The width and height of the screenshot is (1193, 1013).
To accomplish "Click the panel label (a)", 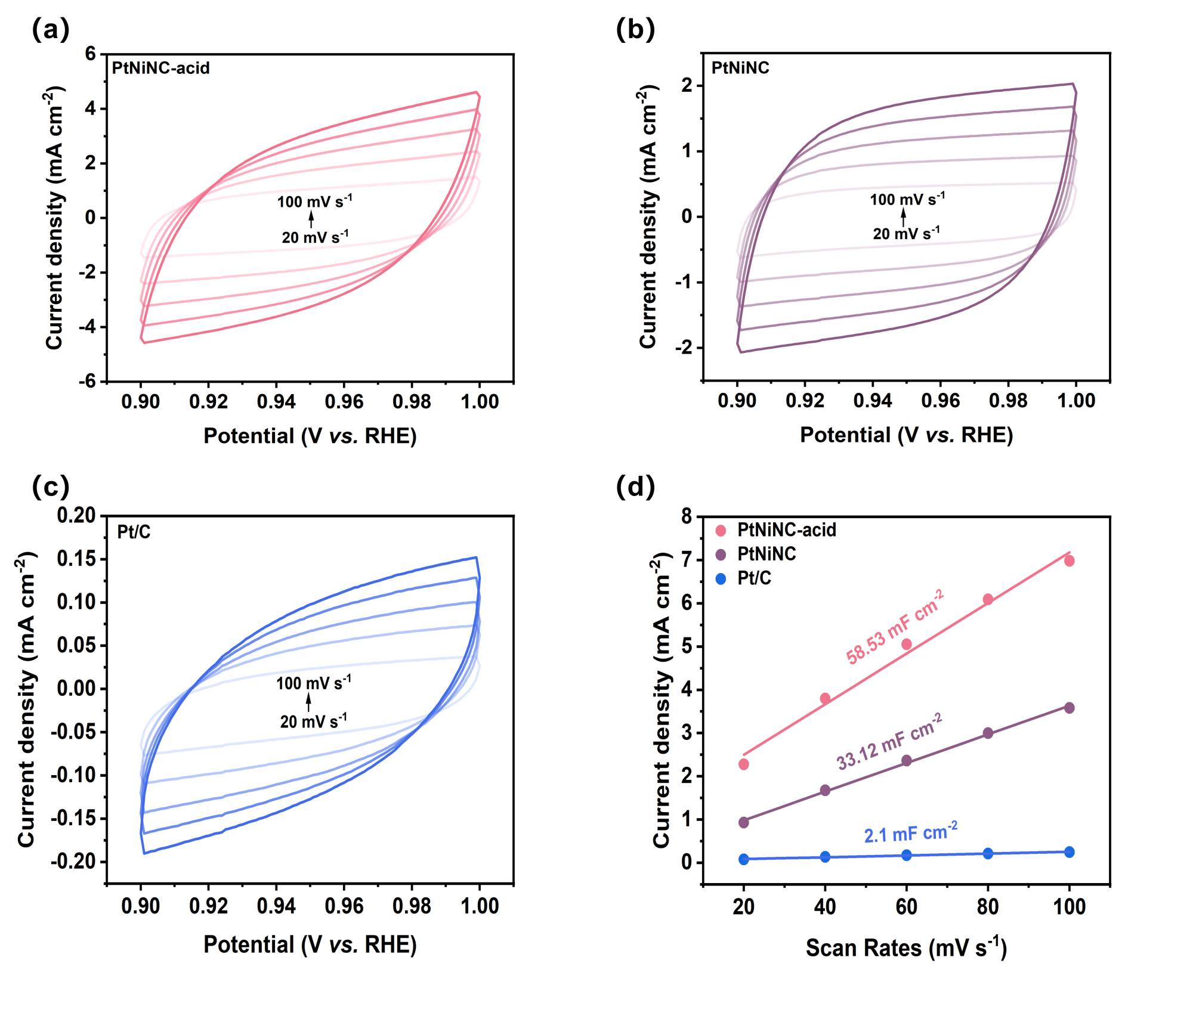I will click(50, 29).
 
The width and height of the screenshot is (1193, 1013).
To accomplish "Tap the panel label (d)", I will click(635, 487).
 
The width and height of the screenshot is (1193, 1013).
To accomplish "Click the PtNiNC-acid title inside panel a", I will click(160, 68).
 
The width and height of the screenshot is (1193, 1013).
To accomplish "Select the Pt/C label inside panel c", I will click(134, 531).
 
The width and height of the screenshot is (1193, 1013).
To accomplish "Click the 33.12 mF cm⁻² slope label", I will click(889, 742).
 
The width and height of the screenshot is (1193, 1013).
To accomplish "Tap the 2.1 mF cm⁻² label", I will click(911, 832).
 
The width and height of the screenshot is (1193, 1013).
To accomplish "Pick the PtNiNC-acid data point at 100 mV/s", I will click(1069, 560).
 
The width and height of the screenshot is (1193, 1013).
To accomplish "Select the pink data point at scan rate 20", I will click(743, 764).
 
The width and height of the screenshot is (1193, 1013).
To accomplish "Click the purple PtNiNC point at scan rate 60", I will click(906, 760).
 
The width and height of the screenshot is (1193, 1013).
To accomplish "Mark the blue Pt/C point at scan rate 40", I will click(825, 857).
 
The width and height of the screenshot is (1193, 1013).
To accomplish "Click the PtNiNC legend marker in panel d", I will click(721, 554).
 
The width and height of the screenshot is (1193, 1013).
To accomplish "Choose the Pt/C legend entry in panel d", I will click(754, 578).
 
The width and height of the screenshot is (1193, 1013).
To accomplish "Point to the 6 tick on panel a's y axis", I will click(90, 54).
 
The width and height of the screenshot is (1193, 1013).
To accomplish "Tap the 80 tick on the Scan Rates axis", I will click(988, 907).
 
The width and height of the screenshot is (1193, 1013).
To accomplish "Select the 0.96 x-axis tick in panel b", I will click(940, 401).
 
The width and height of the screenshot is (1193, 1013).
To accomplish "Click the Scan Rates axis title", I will click(905, 947).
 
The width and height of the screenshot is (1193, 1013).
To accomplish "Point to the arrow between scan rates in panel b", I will click(903, 216).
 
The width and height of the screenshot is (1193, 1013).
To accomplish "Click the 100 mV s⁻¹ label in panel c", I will click(313, 683).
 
